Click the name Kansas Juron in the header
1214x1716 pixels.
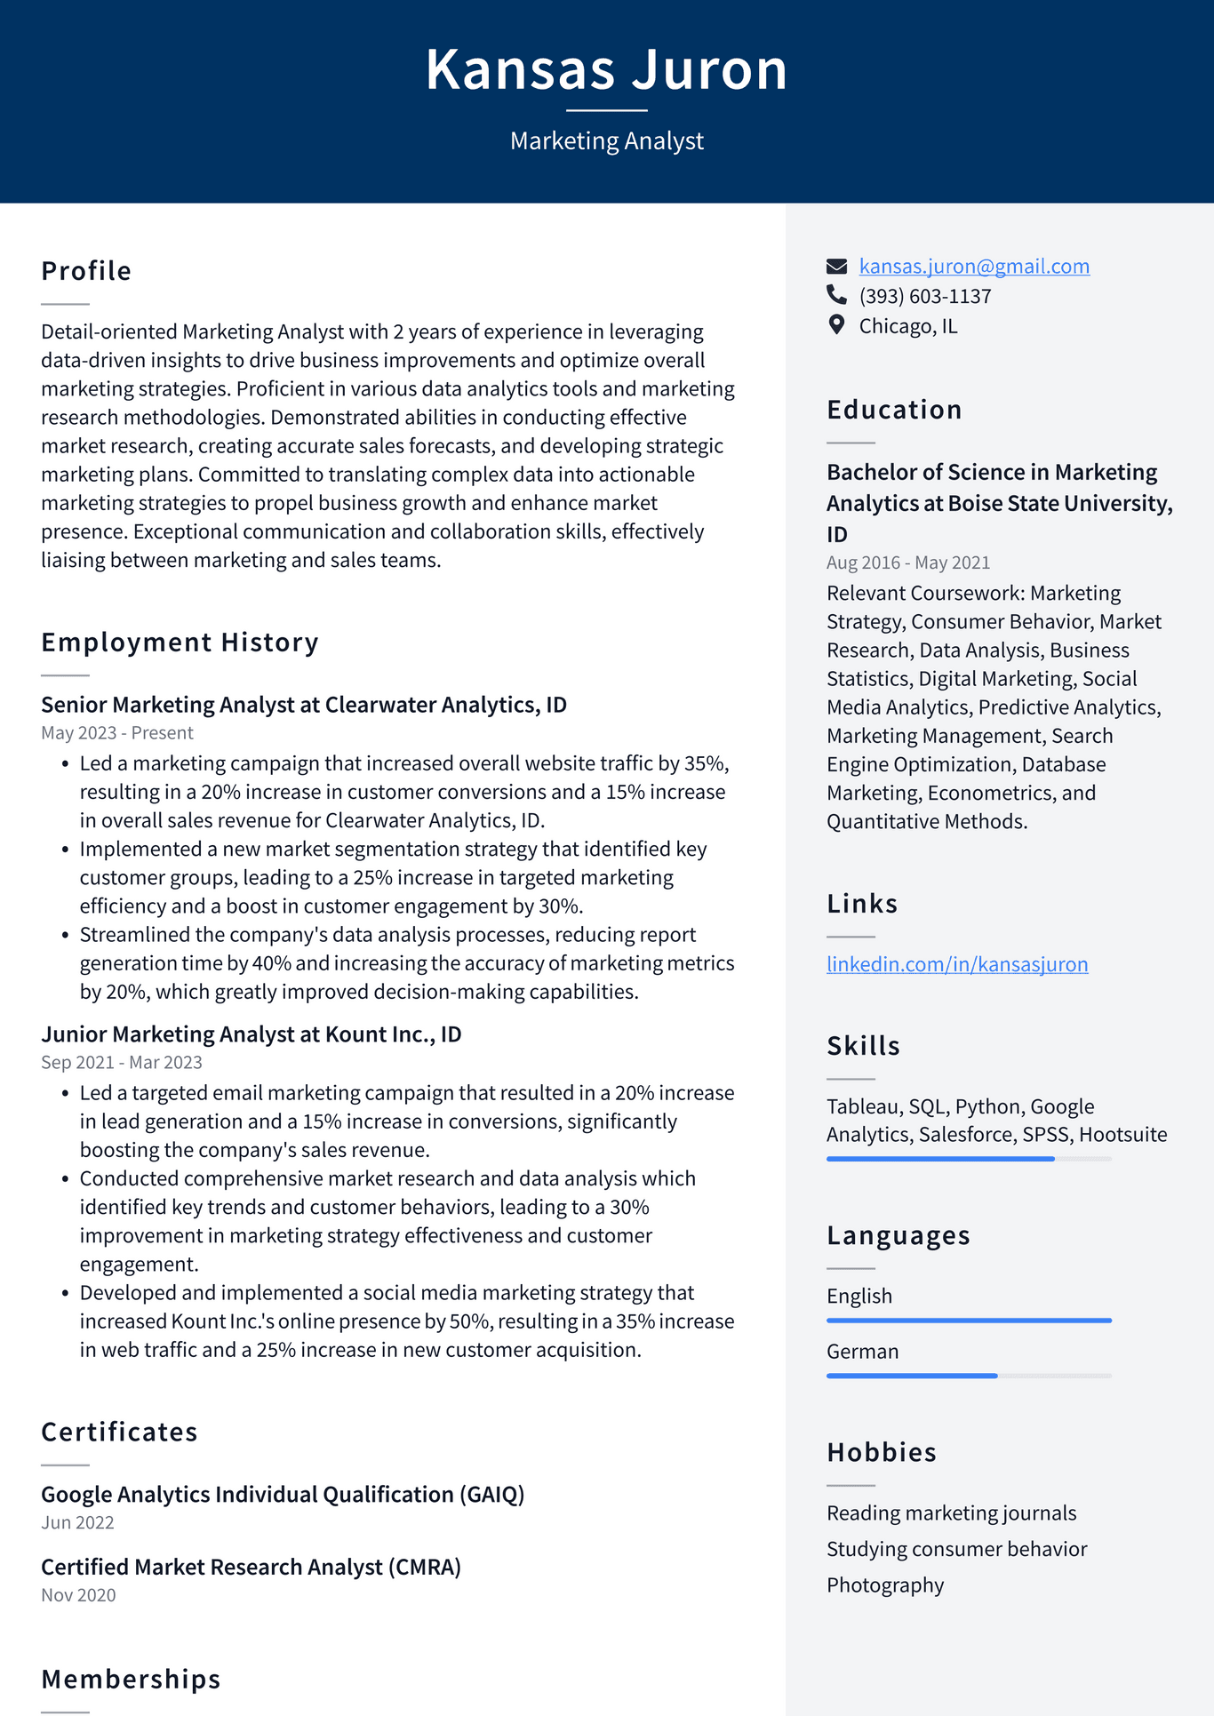606,69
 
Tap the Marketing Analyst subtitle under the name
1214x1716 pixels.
606,140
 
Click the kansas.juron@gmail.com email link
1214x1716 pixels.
973,267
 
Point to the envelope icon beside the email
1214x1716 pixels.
836,267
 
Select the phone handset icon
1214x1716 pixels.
836,294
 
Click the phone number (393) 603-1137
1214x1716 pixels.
924,296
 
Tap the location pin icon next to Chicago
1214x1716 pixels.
836,324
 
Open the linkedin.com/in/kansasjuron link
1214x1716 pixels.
956,964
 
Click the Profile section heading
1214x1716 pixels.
86,271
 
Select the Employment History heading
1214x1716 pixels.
180,643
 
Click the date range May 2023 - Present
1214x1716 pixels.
116,733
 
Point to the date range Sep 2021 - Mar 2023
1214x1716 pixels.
121,1063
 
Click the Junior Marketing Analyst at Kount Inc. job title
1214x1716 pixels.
251,1034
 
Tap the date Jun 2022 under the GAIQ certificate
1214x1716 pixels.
77,1523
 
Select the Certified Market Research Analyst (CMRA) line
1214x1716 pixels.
251,1567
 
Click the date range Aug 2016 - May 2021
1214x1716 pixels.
907,563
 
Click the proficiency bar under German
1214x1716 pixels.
968,1376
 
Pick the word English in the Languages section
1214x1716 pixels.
859,1297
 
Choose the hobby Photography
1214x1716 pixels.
884,1585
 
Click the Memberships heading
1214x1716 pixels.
131,1680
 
